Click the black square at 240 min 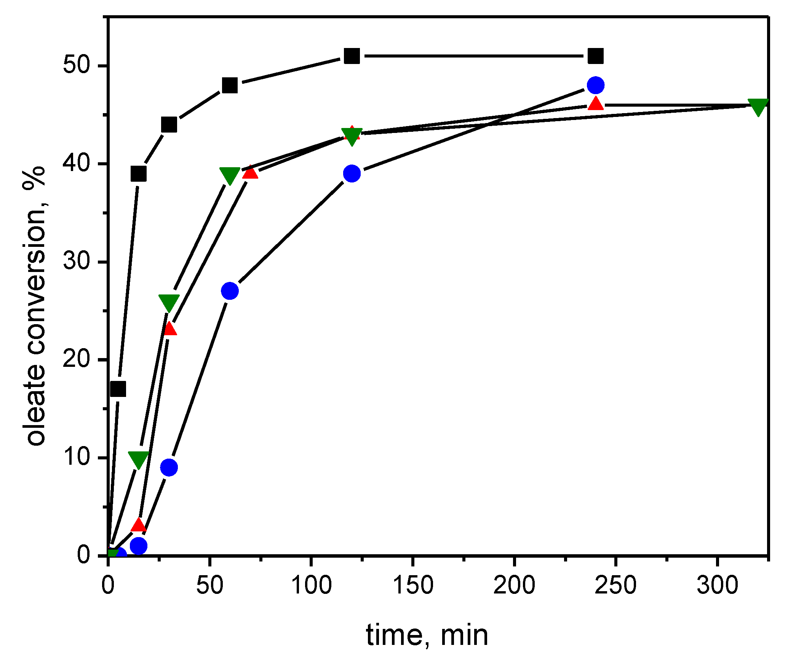(596, 56)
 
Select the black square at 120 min (352, 56)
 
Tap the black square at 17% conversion (118, 389)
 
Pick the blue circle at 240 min (596, 85)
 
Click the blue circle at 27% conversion (230, 291)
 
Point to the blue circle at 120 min (352, 174)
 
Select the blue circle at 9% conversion (169, 467)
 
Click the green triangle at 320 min (758, 106)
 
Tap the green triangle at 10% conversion (138, 459)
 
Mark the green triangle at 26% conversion (169, 302)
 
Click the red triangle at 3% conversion (138, 525)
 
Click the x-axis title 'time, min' (427, 635)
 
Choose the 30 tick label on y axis (76, 261)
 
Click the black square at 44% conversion (169, 125)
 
